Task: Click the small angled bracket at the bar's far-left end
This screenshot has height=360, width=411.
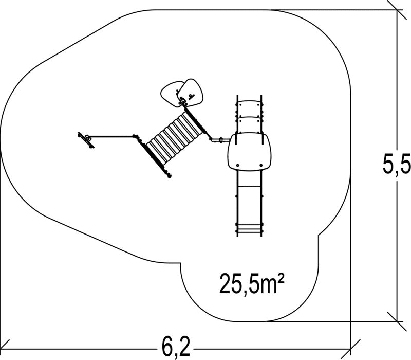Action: point(87,139)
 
